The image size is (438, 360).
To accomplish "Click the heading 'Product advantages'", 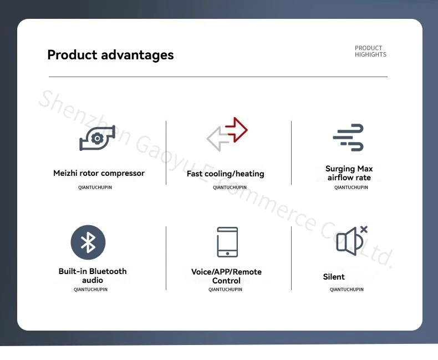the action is [111, 55].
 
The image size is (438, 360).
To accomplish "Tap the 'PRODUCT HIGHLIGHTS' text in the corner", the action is [371, 51].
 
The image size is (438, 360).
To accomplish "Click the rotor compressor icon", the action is [97, 138].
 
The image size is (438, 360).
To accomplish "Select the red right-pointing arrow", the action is [236, 130].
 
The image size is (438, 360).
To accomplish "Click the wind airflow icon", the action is [348, 138].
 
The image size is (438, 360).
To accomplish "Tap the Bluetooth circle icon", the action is [88, 242].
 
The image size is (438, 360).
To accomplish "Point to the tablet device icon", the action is [227, 242].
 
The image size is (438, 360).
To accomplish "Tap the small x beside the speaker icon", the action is [364, 230].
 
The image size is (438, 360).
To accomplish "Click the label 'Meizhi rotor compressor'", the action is [99, 173].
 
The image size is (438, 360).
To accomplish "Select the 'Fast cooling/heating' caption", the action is [226, 174].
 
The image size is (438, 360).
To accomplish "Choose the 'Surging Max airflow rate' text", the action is [349, 173].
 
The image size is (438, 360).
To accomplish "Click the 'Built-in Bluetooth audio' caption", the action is [93, 276].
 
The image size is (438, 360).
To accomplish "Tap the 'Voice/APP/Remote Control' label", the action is [226, 276].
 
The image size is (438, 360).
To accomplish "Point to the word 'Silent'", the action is [334, 277].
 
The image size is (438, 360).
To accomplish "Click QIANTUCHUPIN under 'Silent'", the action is [347, 290].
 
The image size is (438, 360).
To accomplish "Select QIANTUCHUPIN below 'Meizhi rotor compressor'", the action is [95, 187].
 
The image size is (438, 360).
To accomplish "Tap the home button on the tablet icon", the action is [227, 253].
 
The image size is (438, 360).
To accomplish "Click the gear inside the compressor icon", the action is [97, 138].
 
